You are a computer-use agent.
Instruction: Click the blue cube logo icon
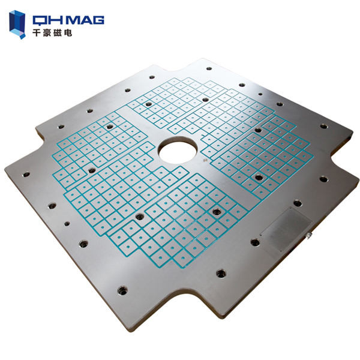click(19, 23)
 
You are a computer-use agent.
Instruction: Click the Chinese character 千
click(38, 34)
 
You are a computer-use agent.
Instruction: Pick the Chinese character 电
click(68, 34)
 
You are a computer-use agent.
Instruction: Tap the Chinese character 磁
click(58, 34)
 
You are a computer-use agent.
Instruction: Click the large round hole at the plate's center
click(177, 149)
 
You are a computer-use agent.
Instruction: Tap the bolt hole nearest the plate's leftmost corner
click(26, 175)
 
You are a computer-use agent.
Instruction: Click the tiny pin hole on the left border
click(66, 223)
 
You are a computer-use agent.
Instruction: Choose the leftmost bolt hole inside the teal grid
click(91, 170)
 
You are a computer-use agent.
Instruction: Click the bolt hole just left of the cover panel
click(254, 242)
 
